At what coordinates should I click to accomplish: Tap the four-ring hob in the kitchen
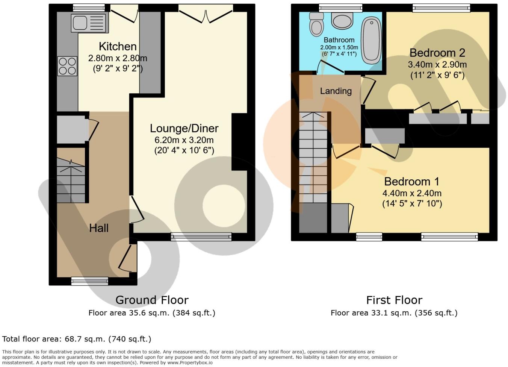coord(67,66)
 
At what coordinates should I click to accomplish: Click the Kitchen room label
coord(118,46)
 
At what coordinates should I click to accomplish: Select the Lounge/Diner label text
coord(184,128)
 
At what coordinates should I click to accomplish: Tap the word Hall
coord(98,228)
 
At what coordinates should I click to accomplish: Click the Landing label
coord(336,91)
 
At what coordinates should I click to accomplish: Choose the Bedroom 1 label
coord(412,182)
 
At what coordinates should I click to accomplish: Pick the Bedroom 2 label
coord(437,53)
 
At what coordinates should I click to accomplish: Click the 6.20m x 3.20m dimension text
coord(184,140)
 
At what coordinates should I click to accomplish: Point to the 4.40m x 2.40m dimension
coord(412,194)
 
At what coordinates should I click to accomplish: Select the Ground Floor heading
coord(152,300)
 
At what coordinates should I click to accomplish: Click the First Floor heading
coord(394,300)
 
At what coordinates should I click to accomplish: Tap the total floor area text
coord(77,339)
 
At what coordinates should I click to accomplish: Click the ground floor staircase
coord(71,180)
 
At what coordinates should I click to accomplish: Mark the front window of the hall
coord(90,281)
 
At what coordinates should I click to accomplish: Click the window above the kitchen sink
coord(89,7)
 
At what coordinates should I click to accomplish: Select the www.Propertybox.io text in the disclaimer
coord(190,363)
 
